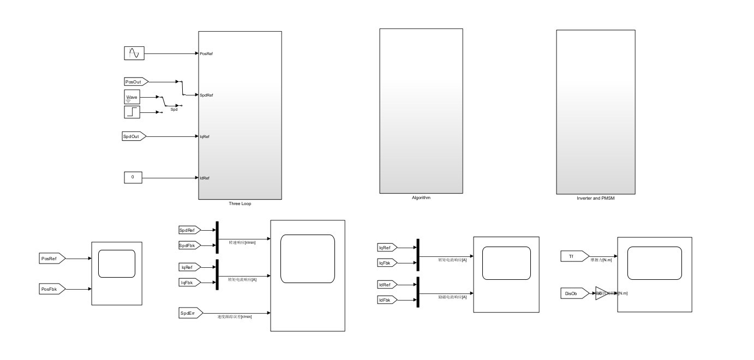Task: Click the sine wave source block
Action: [x=133, y=53]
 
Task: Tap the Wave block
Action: [x=133, y=97]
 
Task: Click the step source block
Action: [x=133, y=112]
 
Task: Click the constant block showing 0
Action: [x=133, y=177]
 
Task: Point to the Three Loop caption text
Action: [x=240, y=203]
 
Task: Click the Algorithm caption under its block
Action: [x=421, y=197]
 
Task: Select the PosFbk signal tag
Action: [x=52, y=288]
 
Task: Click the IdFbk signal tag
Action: [x=388, y=300]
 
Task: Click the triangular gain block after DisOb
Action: [x=600, y=293]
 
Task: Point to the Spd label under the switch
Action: [x=174, y=110]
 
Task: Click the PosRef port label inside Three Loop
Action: [x=206, y=53]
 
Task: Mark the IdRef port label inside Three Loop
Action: [x=205, y=178]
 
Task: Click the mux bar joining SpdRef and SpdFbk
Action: [x=217, y=237]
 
